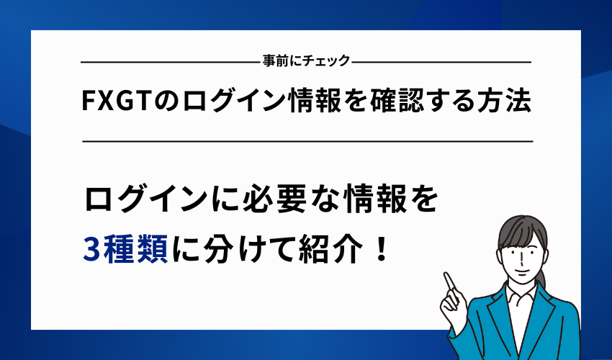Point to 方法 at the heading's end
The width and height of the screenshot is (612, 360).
pos(507,102)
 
